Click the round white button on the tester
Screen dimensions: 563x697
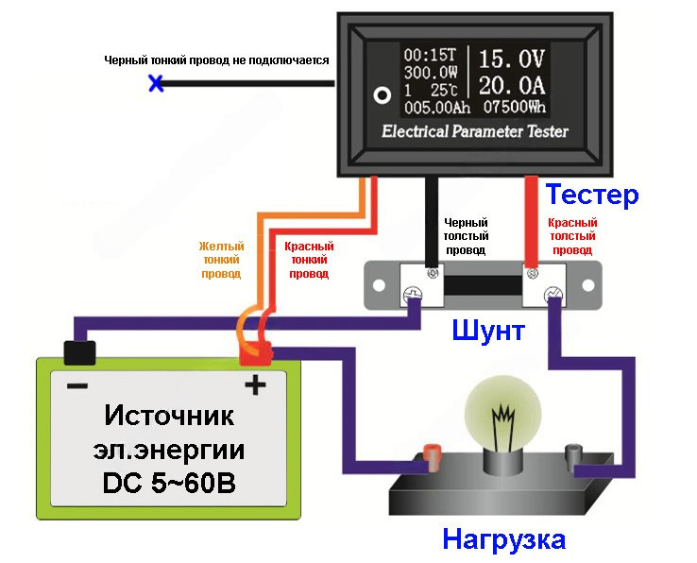pos(382,95)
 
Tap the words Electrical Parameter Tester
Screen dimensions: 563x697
pos(475,131)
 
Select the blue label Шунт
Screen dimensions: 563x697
pos(488,331)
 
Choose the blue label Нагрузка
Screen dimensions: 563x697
pos(504,539)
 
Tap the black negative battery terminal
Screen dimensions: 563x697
pos(78,352)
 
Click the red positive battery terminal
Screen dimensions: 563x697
pos(255,354)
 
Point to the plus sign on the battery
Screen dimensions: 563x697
pos(255,384)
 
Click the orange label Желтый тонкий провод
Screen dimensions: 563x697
pos(221,258)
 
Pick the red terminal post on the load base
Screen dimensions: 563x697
pos(433,457)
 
